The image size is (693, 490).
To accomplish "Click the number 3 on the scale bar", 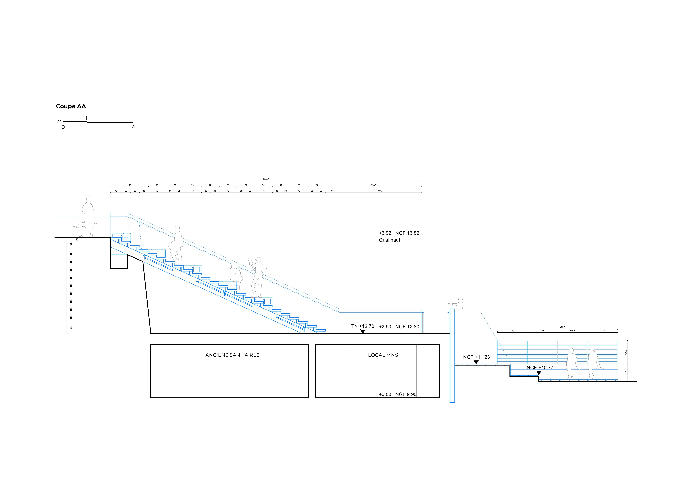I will point(133,126).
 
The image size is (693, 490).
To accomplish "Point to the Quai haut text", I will point(389,240).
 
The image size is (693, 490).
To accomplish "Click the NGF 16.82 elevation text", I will point(407,233).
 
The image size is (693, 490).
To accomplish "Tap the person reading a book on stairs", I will point(257,277).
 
